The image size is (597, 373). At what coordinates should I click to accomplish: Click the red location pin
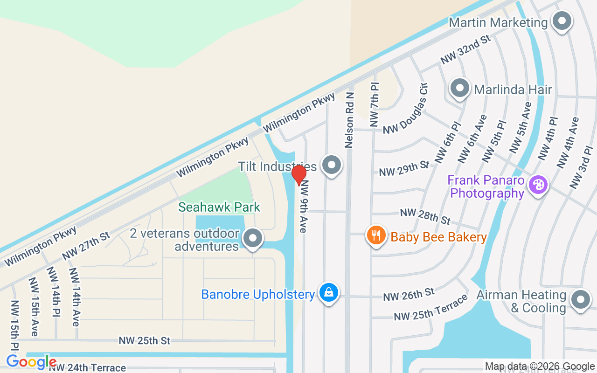coord(298,175)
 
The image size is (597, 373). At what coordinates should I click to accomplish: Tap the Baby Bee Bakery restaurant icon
coord(376,235)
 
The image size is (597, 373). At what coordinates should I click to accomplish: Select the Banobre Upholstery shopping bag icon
coord(329,293)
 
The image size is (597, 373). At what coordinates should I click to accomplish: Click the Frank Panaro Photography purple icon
coord(538,185)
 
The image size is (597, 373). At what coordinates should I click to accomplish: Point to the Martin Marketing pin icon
coord(562,21)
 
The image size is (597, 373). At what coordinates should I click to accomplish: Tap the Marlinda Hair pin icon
coord(460,88)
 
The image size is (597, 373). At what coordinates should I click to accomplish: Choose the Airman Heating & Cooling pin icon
coord(581,300)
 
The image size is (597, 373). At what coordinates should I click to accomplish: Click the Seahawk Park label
coord(219,207)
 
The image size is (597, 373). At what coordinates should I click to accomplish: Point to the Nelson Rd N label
coord(349,120)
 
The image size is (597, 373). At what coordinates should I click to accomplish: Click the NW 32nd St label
coord(466,49)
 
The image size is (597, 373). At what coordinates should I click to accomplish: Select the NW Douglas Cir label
coord(405,109)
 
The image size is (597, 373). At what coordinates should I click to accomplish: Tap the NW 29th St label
coord(404,169)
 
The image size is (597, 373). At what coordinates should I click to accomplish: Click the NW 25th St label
coord(144,341)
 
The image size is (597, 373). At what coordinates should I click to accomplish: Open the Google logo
coord(31,361)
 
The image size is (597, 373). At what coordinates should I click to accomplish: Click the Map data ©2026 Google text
coord(540,366)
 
